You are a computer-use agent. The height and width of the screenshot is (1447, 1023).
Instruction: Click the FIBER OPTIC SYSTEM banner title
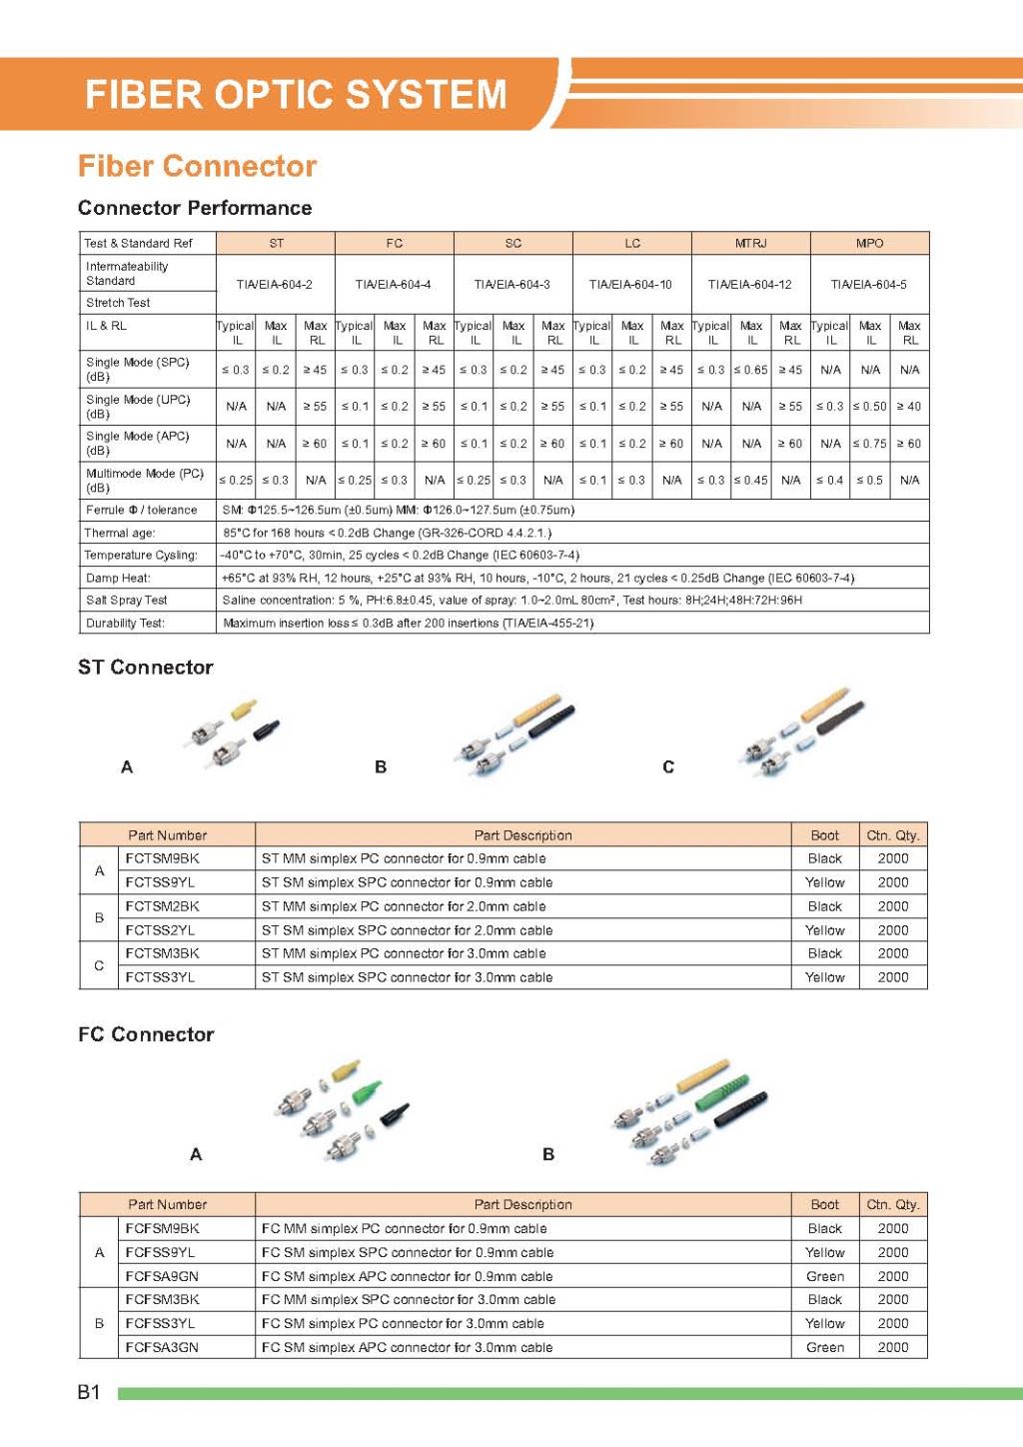296,94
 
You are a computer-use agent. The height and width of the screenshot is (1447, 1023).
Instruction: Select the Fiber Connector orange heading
197,166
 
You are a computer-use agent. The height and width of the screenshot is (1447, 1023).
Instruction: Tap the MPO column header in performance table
869,243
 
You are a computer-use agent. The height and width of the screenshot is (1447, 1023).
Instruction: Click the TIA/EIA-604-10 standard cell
630,285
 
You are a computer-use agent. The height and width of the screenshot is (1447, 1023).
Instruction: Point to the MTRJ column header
750,243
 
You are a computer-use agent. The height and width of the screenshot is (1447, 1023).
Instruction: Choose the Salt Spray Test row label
127,601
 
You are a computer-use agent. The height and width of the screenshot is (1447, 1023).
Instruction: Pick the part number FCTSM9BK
162,858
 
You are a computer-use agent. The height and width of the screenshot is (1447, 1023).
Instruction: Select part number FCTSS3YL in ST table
160,977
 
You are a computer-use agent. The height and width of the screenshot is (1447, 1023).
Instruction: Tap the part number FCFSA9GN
162,1276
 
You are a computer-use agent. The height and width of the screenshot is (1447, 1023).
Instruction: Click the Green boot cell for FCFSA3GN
825,1347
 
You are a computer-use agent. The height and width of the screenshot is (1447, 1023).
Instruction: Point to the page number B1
89,1392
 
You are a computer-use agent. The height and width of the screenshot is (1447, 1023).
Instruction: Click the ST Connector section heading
146,668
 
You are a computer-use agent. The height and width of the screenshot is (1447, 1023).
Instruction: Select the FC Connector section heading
146,1034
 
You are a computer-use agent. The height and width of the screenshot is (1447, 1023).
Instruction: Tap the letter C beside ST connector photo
668,767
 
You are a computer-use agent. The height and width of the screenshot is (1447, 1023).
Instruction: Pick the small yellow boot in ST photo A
243,711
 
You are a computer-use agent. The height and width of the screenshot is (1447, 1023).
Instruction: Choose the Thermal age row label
120,534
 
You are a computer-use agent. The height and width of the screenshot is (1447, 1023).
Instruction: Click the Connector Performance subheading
195,208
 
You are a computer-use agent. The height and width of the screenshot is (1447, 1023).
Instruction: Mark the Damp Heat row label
118,579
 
